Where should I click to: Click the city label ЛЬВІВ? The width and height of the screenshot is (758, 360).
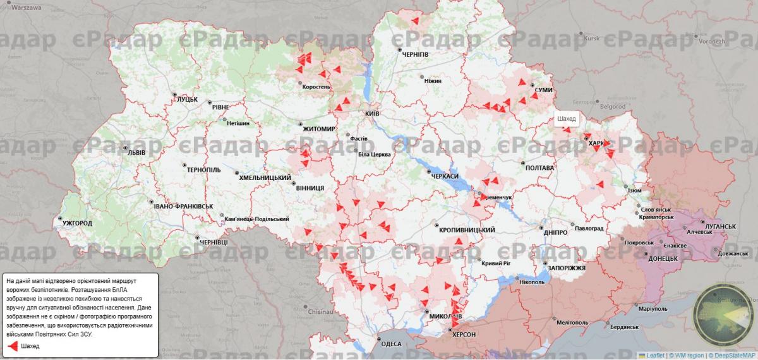tap(136, 153)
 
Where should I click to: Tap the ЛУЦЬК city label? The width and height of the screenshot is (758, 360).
tap(187, 99)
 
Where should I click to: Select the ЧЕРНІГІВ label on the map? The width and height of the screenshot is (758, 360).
tap(415, 54)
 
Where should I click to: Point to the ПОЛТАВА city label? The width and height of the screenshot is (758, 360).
tap(539, 168)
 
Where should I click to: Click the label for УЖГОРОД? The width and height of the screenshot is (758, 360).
tap(77, 224)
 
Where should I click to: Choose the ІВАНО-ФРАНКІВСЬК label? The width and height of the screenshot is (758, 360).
tap(184, 207)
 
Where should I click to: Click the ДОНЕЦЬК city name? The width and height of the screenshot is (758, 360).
tap(663, 259)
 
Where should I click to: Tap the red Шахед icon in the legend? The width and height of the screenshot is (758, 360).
tap(13, 346)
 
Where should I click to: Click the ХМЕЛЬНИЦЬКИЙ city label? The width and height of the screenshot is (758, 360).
tap(265, 178)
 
